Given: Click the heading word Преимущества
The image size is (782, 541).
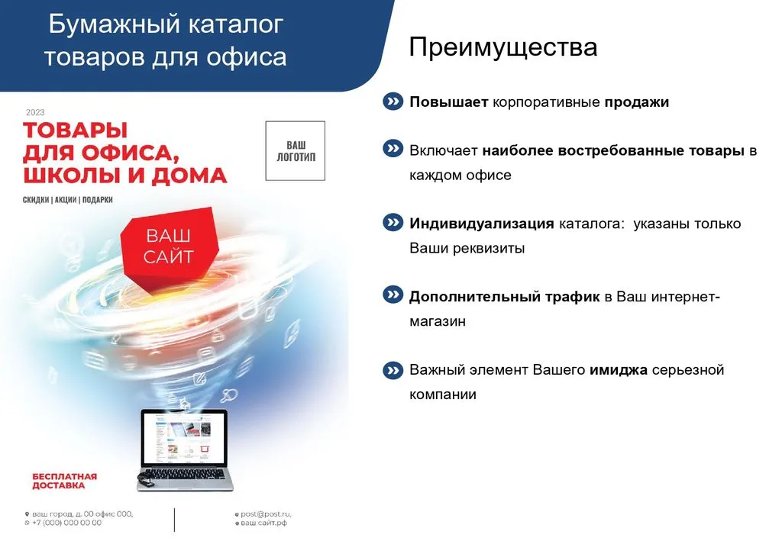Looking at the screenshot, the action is pyautogui.click(x=502, y=48).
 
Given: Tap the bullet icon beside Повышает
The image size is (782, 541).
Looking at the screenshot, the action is pyautogui.click(x=393, y=101).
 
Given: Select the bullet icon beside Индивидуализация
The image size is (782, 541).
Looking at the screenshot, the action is pyautogui.click(x=393, y=223).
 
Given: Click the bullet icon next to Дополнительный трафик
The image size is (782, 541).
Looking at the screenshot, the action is pyautogui.click(x=393, y=295).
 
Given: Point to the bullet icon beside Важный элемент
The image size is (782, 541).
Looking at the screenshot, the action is pyautogui.click(x=393, y=371).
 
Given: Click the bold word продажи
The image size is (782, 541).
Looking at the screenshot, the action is pyautogui.click(x=636, y=102).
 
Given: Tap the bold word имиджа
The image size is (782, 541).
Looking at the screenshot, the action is pyautogui.click(x=619, y=370).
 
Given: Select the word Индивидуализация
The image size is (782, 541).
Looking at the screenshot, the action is pyautogui.click(x=482, y=224).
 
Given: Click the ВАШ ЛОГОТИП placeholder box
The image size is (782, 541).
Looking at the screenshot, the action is pyautogui.click(x=296, y=151).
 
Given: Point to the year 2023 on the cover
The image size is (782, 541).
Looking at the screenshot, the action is pyautogui.click(x=35, y=113).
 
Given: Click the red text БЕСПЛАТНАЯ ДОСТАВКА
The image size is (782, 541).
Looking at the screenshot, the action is pyautogui.click(x=64, y=481).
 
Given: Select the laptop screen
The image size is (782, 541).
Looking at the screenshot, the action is pyautogui.click(x=183, y=436).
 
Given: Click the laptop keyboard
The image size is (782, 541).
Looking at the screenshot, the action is pyautogui.click(x=185, y=473).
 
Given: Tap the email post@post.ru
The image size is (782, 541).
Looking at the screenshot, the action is pyautogui.click(x=266, y=514).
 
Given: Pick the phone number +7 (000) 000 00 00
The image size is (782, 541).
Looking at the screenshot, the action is pyautogui.click(x=67, y=523).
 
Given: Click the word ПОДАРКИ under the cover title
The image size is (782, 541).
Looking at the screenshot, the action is pyautogui.click(x=97, y=200).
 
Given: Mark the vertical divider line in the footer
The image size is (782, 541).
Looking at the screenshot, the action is pyautogui.click(x=175, y=520).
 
